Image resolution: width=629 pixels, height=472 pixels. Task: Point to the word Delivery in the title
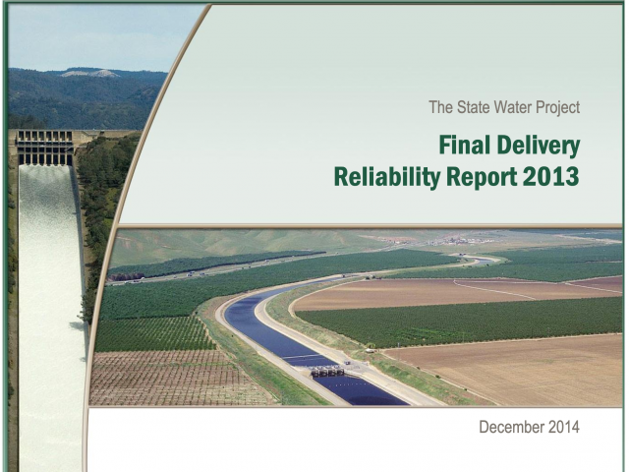[x=539, y=147]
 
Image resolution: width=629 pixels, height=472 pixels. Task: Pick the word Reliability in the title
[x=386, y=177]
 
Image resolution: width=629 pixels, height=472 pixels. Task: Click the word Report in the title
[x=482, y=177]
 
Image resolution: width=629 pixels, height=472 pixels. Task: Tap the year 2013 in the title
[x=551, y=176]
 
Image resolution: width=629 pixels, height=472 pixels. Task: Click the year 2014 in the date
[x=563, y=427]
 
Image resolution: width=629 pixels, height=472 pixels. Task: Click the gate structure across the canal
[x=327, y=372]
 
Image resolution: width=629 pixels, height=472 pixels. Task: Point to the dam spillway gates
[x=44, y=147]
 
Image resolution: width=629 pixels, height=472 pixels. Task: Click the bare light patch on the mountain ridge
[x=89, y=74]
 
